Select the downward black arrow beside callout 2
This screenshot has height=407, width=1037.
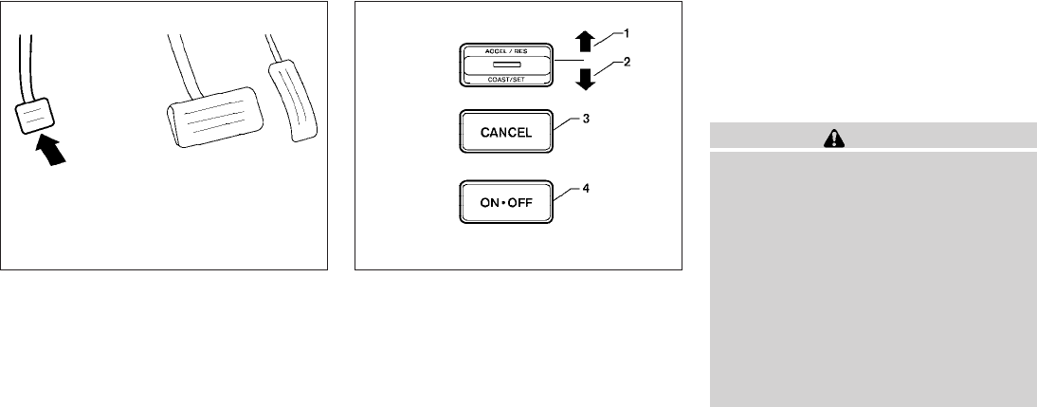coord(585,78)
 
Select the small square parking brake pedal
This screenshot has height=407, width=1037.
coord(35,118)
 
